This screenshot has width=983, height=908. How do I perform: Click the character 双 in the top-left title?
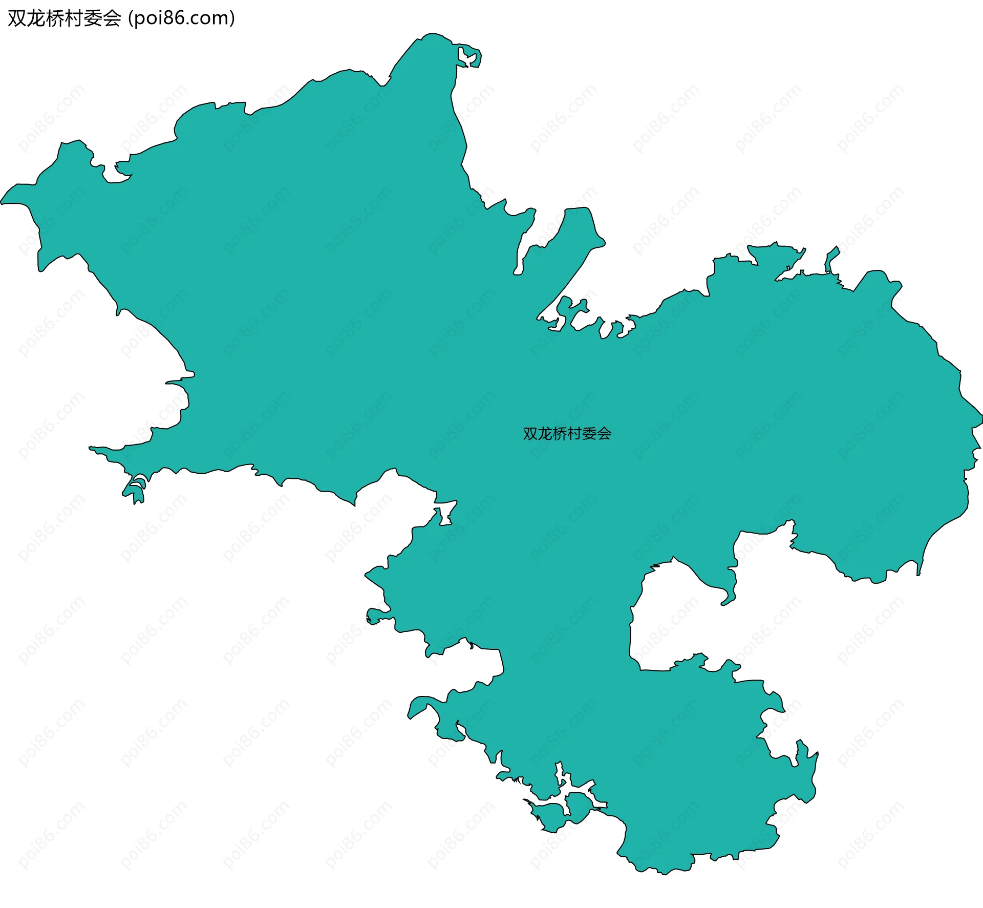(17, 18)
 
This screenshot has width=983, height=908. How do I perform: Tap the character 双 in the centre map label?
(530, 434)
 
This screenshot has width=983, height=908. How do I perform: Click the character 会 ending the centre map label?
(604, 434)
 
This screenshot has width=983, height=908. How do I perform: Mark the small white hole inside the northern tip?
(466, 57)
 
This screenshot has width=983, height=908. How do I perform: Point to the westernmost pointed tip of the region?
(3, 202)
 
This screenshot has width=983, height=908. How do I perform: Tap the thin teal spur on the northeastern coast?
(831, 259)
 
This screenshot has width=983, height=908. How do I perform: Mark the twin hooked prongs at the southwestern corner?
(136, 489)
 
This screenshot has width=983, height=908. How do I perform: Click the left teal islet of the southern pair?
(550, 814)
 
